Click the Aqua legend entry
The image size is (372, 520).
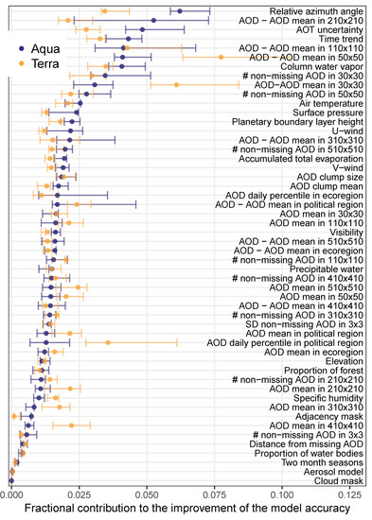point(39,49)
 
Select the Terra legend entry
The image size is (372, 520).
point(39,63)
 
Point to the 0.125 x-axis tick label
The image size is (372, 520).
point(350,495)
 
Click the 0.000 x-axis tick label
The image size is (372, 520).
point(11,495)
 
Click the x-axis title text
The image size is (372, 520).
point(187,509)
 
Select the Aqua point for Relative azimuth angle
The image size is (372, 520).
point(180,11)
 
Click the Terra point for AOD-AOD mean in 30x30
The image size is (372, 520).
point(176,85)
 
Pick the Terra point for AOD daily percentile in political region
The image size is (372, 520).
point(108,342)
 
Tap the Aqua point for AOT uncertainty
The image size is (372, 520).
point(143,29)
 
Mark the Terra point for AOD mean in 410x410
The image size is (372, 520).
point(71,425)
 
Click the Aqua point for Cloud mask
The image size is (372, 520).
point(11,480)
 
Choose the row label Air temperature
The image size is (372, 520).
point(330,103)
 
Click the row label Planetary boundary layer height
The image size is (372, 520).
point(297,122)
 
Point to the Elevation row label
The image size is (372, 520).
point(345,361)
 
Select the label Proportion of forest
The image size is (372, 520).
point(324,371)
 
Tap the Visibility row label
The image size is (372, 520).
point(346,233)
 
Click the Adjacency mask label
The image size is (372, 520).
point(329,416)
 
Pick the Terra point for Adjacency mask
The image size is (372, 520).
point(14,416)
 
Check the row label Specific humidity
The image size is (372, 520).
point(328,398)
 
